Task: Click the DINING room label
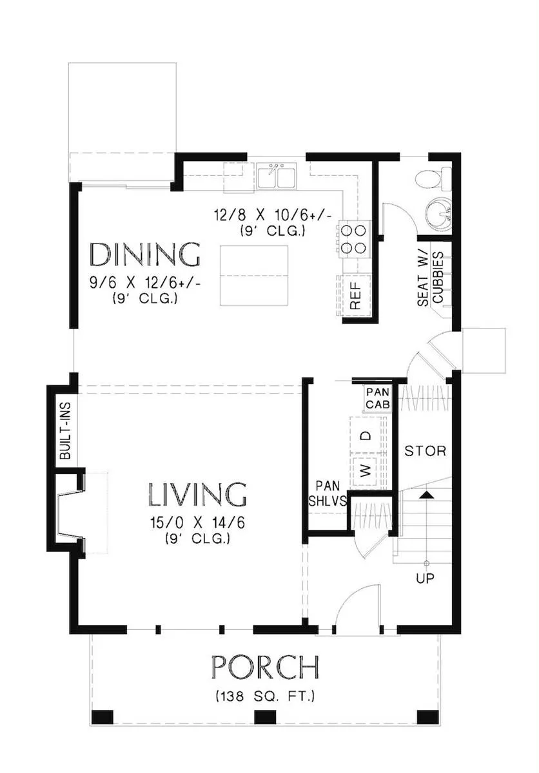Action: click(x=144, y=254)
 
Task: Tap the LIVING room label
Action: click(x=197, y=495)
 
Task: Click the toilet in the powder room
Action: click(x=433, y=179)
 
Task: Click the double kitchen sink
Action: click(x=277, y=176)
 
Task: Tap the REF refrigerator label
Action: click(x=355, y=296)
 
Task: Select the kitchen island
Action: click(x=254, y=276)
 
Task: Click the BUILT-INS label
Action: click(x=65, y=431)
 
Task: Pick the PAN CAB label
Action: click(x=378, y=398)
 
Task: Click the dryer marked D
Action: click(x=366, y=435)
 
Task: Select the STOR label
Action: click(x=425, y=451)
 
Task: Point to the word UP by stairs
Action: click(x=425, y=578)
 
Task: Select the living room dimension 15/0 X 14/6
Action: click(x=197, y=523)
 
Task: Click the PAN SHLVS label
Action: click(x=328, y=493)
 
